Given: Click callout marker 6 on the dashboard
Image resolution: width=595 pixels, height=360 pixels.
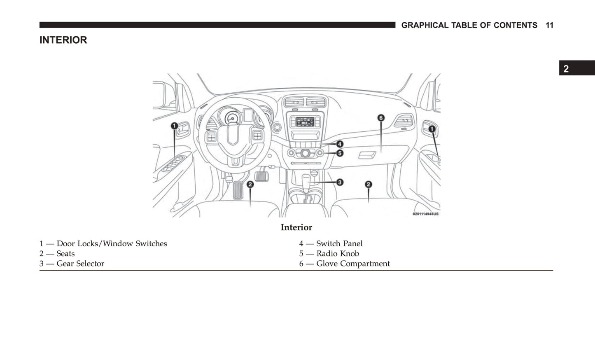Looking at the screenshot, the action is pyautogui.click(x=381, y=118).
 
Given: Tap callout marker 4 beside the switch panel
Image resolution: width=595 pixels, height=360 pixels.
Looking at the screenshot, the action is pyautogui.click(x=340, y=144).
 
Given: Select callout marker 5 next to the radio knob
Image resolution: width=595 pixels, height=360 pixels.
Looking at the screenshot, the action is pyautogui.click(x=340, y=153).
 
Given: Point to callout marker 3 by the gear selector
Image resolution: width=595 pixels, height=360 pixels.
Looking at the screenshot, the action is pyautogui.click(x=340, y=182).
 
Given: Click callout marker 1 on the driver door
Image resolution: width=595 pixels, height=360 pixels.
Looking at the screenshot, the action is pyautogui.click(x=174, y=126).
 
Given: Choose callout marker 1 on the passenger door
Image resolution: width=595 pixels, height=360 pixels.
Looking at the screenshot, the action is pyautogui.click(x=432, y=129).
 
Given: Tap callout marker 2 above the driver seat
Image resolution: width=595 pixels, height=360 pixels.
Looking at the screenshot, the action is pyautogui.click(x=250, y=185).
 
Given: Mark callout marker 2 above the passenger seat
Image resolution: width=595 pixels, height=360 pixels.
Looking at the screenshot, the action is pyautogui.click(x=368, y=185).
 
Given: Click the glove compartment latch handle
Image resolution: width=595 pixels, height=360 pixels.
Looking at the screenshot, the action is pyautogui.click(x=367, y=155).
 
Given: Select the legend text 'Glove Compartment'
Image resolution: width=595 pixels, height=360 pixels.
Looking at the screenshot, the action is pyautogui.click(x=353, y=264).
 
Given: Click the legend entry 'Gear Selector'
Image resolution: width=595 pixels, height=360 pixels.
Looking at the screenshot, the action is pyautogui.click(x=80, y=264).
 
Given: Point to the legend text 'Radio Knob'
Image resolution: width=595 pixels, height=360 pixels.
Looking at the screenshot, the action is pyautogui.click(x=338, y=253).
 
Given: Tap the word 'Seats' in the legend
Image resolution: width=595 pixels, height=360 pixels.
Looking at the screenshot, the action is pyautogui.click(x=65, y=253).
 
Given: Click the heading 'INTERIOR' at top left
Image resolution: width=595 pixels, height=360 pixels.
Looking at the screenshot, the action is pyautogui.click(x=63, y=40).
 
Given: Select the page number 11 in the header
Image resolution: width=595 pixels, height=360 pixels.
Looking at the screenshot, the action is pyautogui.click(x=550, y=25).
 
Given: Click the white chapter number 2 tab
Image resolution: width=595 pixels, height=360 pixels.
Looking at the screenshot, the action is pyautogui.click(x=566, y=69).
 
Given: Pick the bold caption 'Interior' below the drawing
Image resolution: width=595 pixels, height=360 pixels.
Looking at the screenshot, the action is pyautogui.click(x=296, y=227).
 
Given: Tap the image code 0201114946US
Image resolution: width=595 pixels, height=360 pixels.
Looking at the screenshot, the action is pyautogui.click(x=425, y=214).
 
